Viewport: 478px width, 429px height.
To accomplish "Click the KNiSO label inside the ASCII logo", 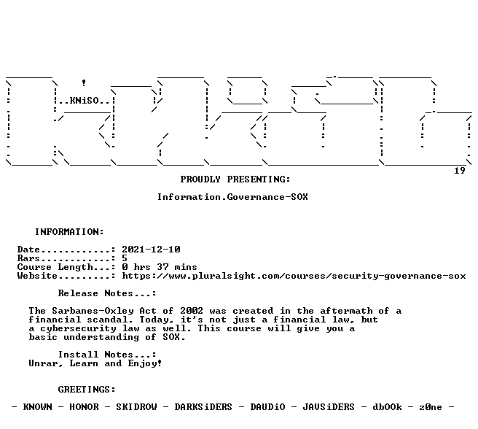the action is pos(85,101).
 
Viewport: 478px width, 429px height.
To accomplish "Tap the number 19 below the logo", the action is pos(460,171).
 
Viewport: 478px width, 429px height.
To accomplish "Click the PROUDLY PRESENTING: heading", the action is pos(235,179).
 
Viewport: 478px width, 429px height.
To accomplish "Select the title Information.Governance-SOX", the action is pos(232,197).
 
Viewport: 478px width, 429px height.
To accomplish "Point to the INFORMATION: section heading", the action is pos(69,232).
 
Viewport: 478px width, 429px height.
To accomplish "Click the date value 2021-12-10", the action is pos(152,250).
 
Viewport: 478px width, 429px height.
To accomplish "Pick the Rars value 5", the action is pos(125,258).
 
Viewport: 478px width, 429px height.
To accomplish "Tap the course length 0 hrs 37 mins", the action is pos(160,267).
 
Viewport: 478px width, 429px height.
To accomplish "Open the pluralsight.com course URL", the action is pos(294,276).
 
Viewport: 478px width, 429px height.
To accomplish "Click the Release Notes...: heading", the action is pos(107,293).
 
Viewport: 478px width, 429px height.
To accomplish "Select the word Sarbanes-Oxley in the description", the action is pos(93,311).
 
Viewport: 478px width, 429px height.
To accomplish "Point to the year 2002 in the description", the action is pos(192,311).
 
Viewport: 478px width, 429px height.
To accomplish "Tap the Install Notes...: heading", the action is pos(107,355).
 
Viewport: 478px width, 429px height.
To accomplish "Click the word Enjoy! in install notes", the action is pos(145,363).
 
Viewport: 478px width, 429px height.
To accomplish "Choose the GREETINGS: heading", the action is pos(87,390).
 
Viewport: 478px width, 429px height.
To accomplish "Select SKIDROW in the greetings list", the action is pos(136,407).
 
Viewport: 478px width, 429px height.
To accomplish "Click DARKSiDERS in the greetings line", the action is pos(203,407).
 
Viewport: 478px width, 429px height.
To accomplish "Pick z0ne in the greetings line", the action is pos(431,407).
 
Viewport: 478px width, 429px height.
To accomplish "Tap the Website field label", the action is pos(37,276).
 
